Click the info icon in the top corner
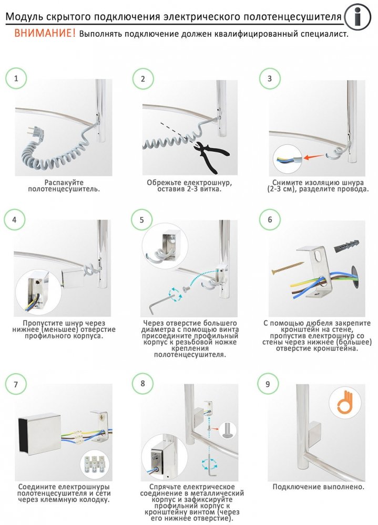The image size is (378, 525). [x=357, y=16]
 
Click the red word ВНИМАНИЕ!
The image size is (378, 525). [x=45, y=33]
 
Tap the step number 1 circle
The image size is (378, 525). [x=16, y=78]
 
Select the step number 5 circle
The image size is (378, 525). [x=141, y=219]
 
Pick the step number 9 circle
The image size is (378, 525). [x=267, y=384]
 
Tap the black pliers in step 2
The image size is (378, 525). [x=211, y=156]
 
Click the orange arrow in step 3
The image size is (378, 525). [x=314, y=156]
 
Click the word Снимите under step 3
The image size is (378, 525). [x=287, y=183]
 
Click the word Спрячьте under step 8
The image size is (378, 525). [x=166, y=487]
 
